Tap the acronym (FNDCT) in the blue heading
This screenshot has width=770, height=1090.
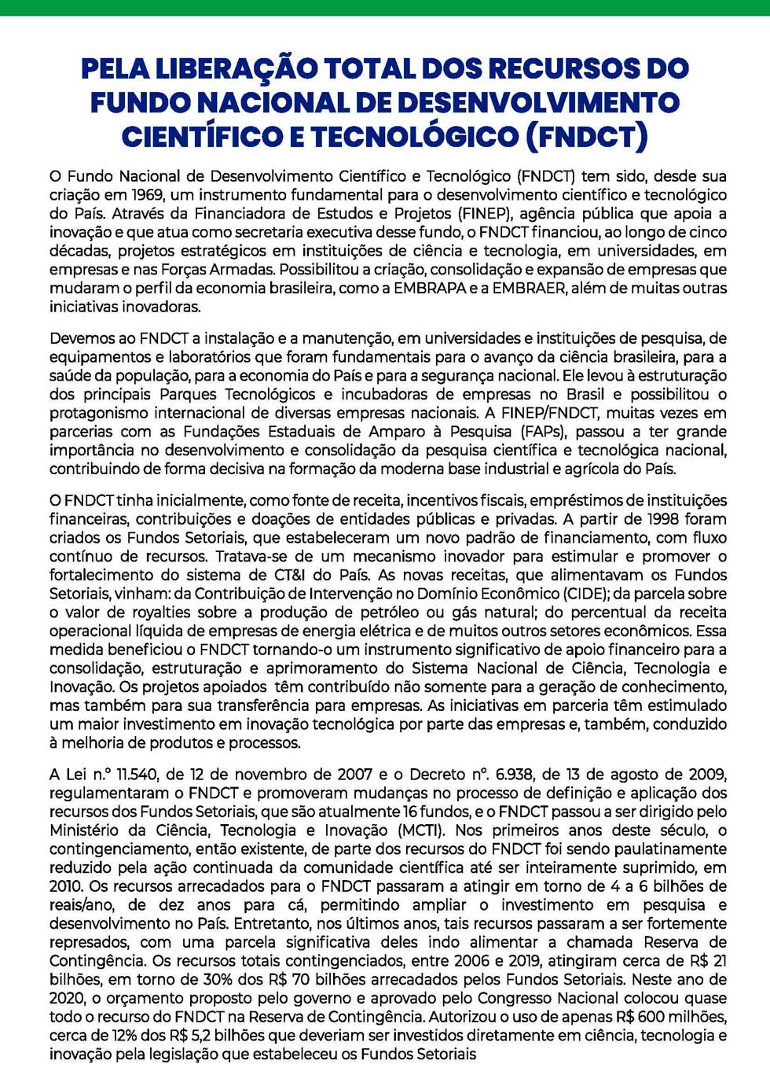pyautogui.click(x=586, y=137)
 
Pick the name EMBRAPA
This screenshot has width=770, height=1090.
pyautogui.click(x=430, y=289)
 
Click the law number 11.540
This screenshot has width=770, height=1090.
pyautogui.click(x=139, y=775)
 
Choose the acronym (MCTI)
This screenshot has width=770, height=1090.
pyautogui.click(x=421, y=830)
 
